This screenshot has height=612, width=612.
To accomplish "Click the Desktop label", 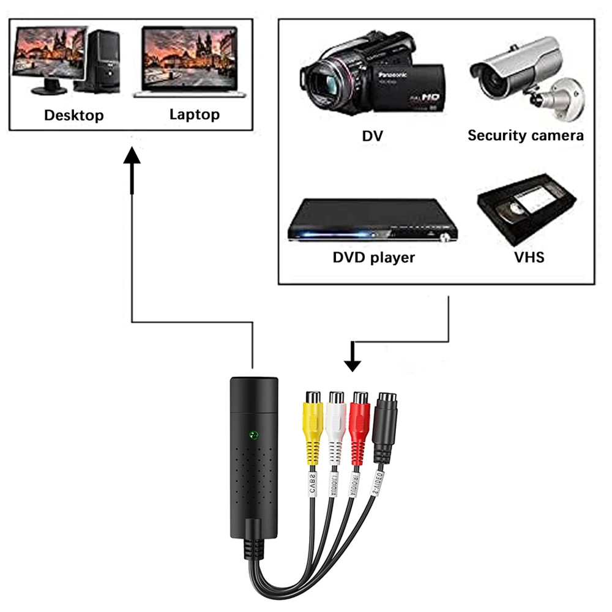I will click(x=74, y=115).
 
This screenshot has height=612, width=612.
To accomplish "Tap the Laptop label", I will click(x=194, y=114).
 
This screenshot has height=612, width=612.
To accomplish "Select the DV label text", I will click(x=372, y=136).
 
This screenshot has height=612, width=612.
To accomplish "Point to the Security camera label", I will click(x=525, y=135).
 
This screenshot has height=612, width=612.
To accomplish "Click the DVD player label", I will click(x=373, y=257).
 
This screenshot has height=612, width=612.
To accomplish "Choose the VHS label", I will click(x=529, y=256).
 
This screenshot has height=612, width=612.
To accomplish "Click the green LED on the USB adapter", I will click(x=253, y=436).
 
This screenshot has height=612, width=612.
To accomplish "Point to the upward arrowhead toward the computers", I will click(x=132, y=157).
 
